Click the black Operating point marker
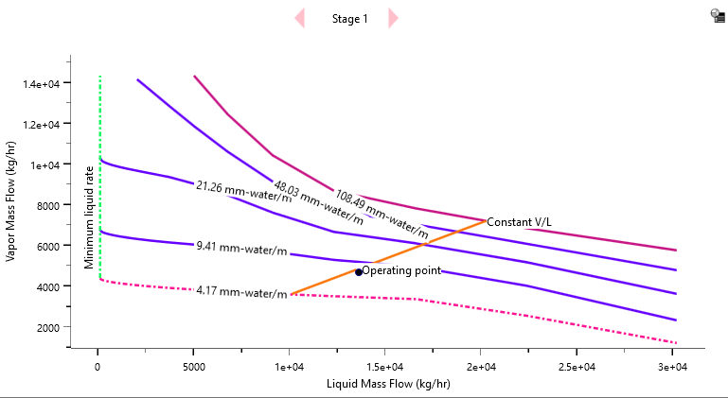tap(359, 271)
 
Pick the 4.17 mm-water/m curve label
tap(241, 293)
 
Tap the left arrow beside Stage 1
tap(300, 18)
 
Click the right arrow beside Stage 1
tap(393, 18)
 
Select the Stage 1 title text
tap(349, 19)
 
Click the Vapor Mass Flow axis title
tap(11, 200)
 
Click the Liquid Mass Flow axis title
tap(387, 384)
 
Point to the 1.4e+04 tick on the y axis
tap(41, 84)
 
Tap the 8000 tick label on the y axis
tap(47, 205)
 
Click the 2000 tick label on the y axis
tap(47, 327)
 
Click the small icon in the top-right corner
tap(718, 15)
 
